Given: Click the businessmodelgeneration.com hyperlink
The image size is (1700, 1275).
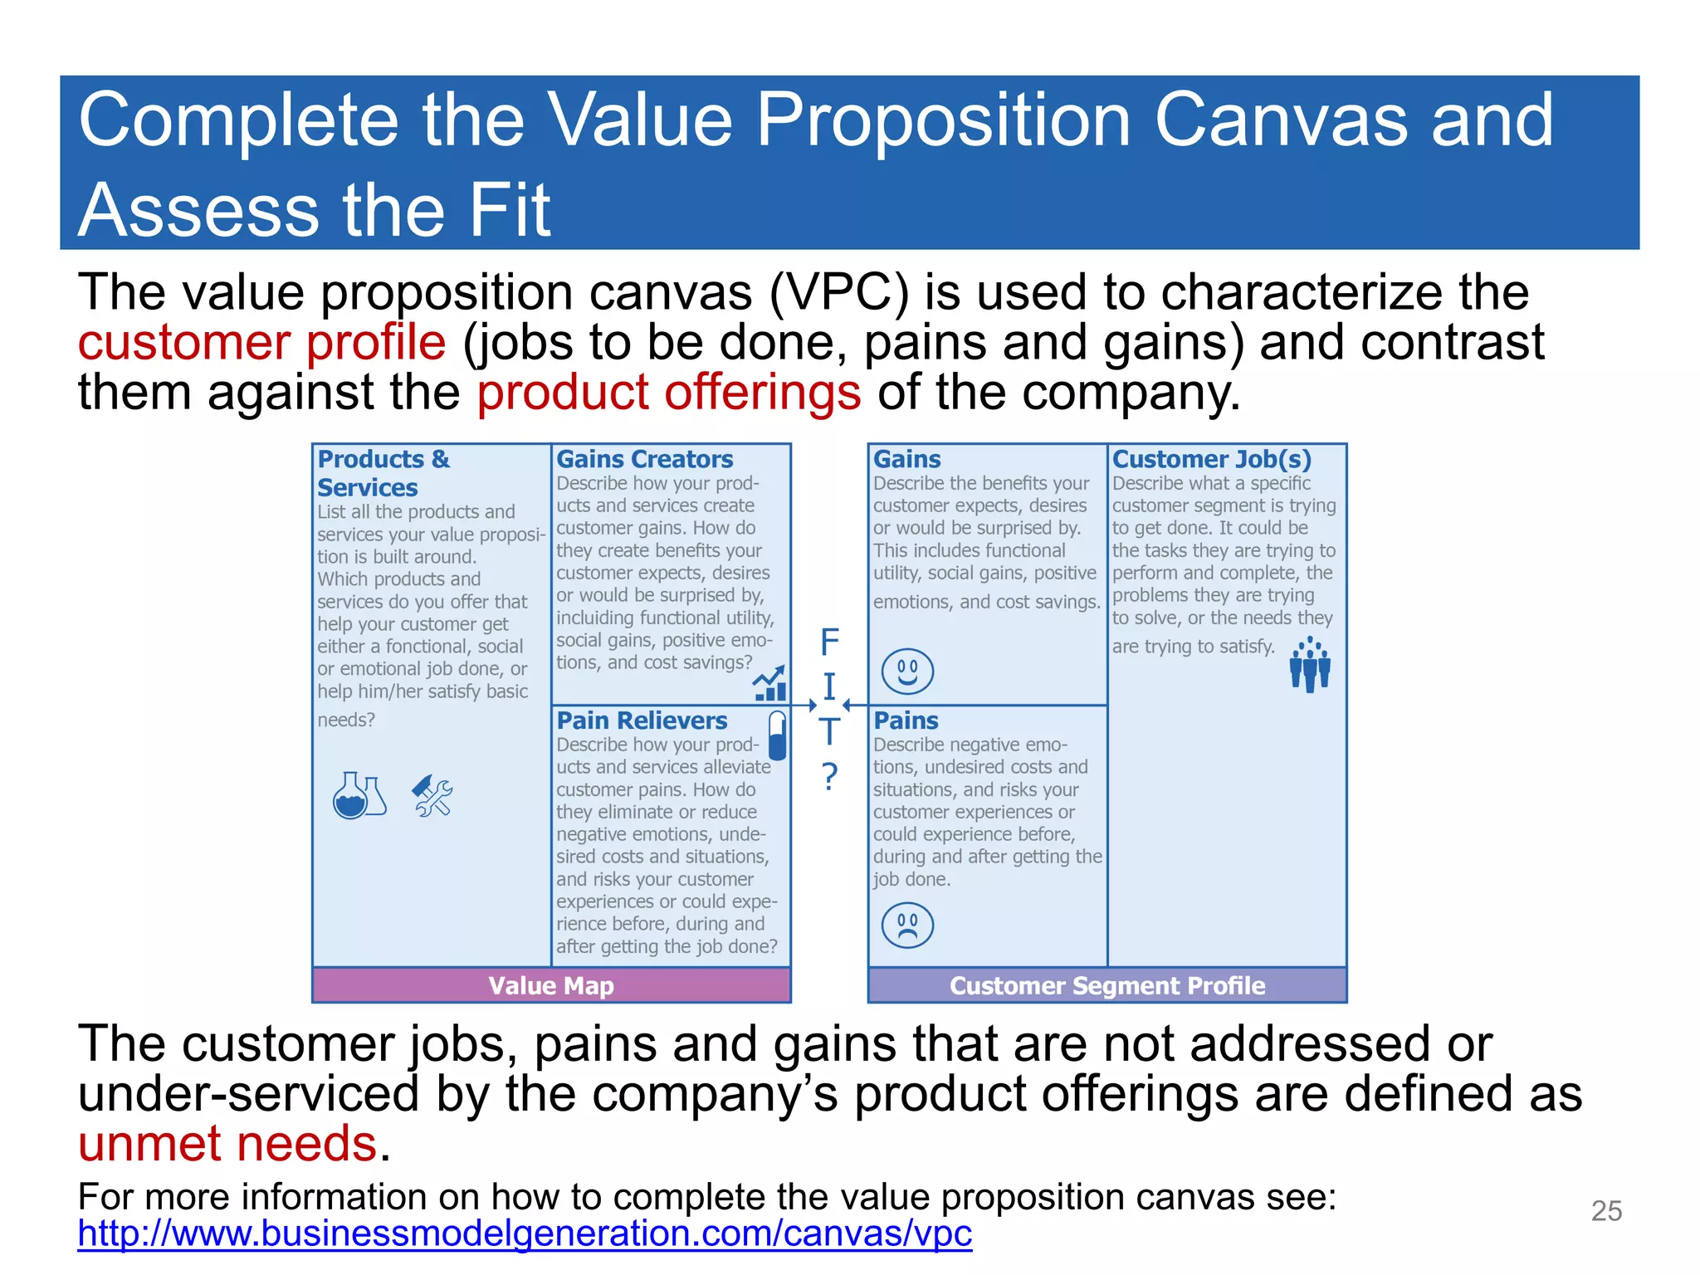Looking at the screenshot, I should tap(525, 1233).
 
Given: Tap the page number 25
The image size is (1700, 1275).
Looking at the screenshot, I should tap(1606, 1211).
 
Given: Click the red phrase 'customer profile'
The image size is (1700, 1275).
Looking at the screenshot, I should tap(261, 342).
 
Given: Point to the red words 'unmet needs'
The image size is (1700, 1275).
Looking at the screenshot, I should tap(227, 1143).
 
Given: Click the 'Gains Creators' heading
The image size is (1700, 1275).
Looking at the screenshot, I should tap(644, 459).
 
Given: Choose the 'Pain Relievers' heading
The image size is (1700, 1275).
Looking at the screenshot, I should tap(642, 721).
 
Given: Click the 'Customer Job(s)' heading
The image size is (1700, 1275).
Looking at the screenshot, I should tap(1211, 459).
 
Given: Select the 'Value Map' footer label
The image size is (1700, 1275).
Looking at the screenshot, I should tap(551, 985).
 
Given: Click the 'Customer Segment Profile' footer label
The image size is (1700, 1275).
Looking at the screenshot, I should tap(1107, 985).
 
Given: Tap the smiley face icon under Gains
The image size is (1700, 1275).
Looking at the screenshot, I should tap(907, 671).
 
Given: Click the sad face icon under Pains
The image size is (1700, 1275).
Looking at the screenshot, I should tap(907, 926).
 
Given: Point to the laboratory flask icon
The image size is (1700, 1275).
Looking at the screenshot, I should tap(359, 795).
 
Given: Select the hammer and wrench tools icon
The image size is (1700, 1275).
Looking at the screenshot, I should tap(432, 796).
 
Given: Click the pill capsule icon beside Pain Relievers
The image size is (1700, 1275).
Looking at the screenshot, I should tap(778, 735).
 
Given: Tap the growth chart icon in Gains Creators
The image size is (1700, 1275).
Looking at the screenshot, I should tap(769, 683).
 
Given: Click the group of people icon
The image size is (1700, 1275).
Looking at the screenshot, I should tap(1310, 664).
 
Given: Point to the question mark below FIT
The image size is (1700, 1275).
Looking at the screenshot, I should tap(829, 776).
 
